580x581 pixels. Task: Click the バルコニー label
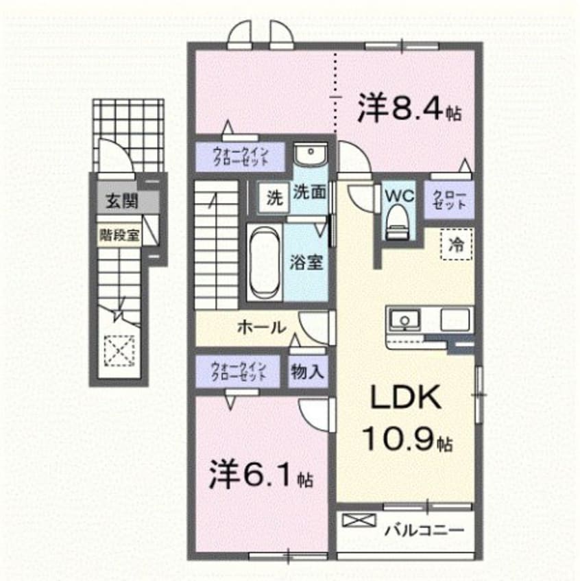(x=424, y=530)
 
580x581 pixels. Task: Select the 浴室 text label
(x=306, y=263)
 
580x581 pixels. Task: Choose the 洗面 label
(x=310, y=193)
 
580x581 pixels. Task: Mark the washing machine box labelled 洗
(x=274, y=199)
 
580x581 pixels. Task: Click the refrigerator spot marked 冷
(x=456, y=243)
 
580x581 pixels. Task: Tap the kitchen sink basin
(x=405, y=319)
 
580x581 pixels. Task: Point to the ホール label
(x=261, y=328)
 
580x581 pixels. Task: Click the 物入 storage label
(x=306, y=372)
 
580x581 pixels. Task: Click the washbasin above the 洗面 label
(x=312, y=153)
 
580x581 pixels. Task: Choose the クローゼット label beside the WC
(x=450, y=200)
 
